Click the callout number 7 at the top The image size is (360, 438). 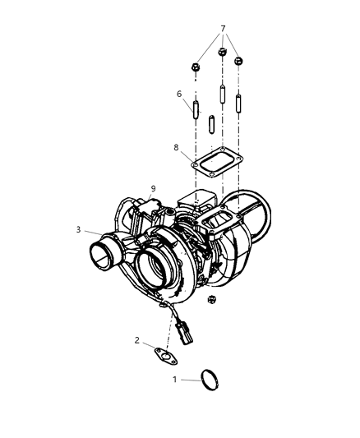[x=222, y=29]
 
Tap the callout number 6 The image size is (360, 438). [x=179, y=94]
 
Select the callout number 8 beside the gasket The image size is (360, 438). [x=177, y=147]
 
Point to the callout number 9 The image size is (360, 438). [x=153, y=189]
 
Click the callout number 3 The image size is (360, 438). [x=79, y=229]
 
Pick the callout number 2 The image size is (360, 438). [x=137, y=339]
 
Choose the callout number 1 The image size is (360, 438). [x=175, y=379]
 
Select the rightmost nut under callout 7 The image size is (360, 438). [x=239, y=62]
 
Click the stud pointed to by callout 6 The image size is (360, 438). [x=196, y=109]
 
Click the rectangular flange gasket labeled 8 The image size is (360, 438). [x=215, y=161]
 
